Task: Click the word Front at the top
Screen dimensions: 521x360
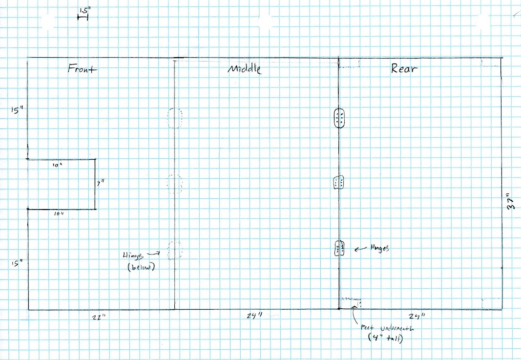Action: pos(83,69)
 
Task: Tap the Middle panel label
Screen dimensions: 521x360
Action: pos(245,69)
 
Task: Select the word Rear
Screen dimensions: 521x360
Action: pos(404,68)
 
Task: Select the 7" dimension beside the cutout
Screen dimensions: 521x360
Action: pos(101,184)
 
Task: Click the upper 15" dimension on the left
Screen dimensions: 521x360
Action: pos(17,110)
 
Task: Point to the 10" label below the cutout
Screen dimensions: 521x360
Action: pos(59,214)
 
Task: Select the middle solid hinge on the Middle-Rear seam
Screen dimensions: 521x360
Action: pos(339,183)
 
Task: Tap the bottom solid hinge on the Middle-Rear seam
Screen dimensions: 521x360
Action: pos(339,249)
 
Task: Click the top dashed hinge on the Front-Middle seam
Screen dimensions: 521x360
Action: pos(175,118)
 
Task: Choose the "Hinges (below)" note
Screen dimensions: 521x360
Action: pos(140,260)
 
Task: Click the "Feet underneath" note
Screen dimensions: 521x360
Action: pos(379,332)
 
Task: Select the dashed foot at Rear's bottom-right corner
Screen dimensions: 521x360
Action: pos(491,303)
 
